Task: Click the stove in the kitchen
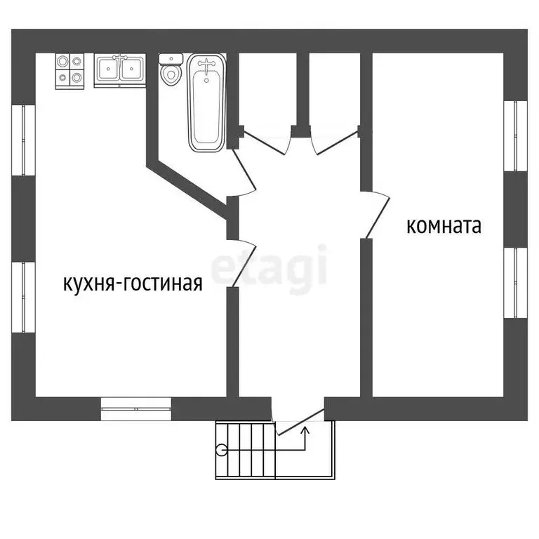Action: (x=71, y=70)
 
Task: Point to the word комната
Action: (x=444, y=227)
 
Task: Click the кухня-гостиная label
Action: (x=133, y=284)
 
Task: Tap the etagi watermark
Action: (x=270, y=266)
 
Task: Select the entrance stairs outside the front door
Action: (x=274, y=449)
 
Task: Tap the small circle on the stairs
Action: (x=222, y=451)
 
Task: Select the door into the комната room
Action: (x=376, y=215)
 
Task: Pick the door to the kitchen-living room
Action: (x=243, y=264)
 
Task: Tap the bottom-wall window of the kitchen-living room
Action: (x=136, y=408)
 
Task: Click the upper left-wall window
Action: (x=24, y=140)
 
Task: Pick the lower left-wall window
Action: (x=24, y=298)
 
